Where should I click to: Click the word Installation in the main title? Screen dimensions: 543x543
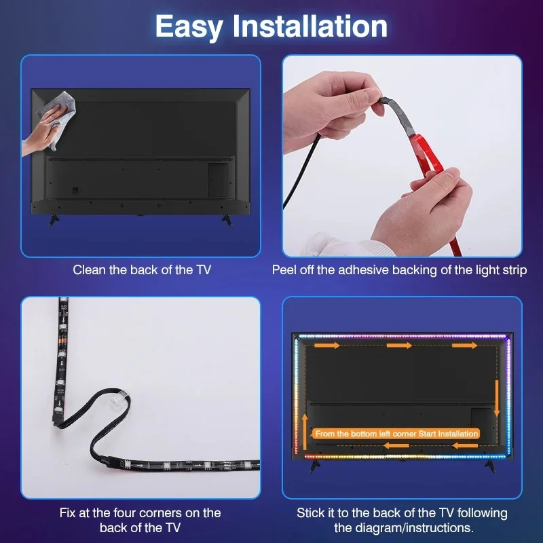(x=310, y=26)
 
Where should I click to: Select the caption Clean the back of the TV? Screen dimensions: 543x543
(x=142, y=270)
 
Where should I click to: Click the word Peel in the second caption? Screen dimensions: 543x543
(x=285, y=270)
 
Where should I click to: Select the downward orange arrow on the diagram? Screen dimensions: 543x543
(x=498, y=407)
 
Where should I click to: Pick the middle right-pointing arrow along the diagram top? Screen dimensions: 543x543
(x=400, y=345)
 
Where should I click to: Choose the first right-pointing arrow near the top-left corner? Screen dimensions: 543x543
(x=329, y=345)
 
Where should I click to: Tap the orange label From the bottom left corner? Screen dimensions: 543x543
(x=397, y=434)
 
